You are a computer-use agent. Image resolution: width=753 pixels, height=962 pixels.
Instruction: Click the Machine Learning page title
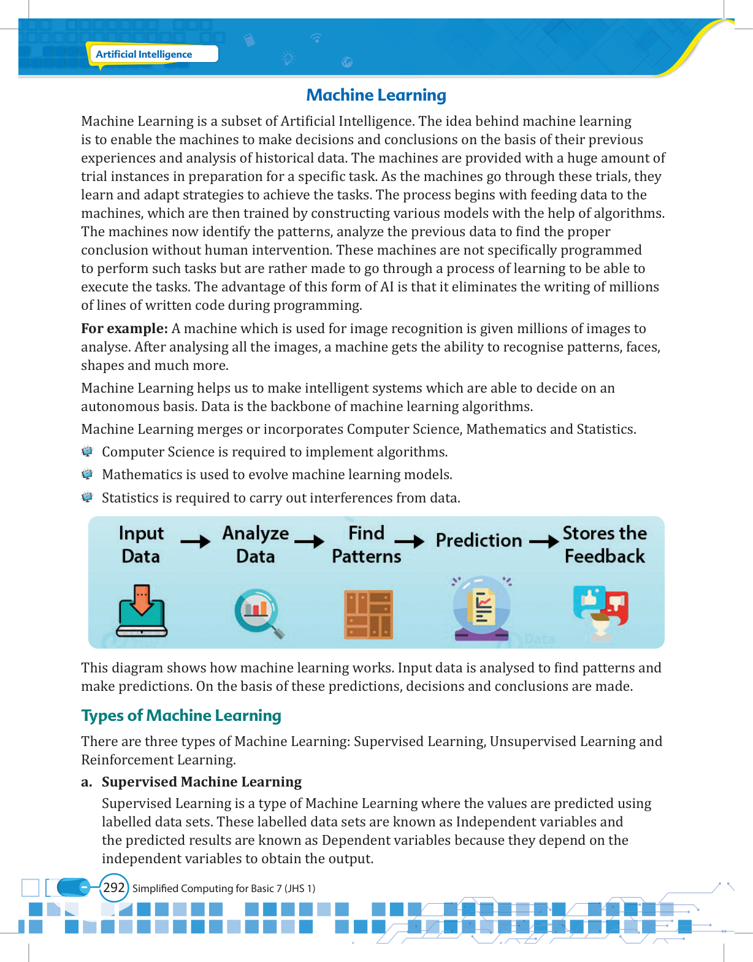(x=376, y=95)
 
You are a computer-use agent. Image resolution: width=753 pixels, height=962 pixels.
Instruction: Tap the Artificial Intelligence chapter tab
(x=144, y=54)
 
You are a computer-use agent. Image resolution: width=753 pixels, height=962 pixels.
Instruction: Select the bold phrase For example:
(x=124, y=328)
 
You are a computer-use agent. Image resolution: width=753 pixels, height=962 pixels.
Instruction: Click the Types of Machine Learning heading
(x=181, y=715)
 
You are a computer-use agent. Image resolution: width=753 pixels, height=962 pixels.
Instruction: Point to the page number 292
(x=114, y=888)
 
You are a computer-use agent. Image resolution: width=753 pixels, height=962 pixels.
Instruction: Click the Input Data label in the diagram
(x=141, y=544)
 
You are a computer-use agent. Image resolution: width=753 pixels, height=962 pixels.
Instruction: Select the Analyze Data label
(x=255, y=544)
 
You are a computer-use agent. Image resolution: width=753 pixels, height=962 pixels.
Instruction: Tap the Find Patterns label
(x=366, y=544)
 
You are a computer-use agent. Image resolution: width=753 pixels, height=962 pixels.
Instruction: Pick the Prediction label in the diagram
(x=478, y=541)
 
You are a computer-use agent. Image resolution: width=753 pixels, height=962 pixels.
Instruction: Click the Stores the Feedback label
(x=605, y=544)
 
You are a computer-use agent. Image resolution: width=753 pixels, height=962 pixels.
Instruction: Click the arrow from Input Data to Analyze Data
(x=196, y=541)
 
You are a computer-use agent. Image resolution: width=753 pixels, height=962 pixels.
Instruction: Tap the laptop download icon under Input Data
(x=142, y=611)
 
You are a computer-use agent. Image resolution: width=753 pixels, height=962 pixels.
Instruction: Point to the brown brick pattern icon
(x=369, y=614)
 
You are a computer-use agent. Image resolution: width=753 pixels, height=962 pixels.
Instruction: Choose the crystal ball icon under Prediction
(x=482, y=608)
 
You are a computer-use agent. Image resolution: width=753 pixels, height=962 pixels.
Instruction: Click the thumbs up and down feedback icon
(x=601, y=610)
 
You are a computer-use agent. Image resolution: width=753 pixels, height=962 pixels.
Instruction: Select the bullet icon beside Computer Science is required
(x=87, y=452)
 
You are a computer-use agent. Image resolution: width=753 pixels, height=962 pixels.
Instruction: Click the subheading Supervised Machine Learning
(x=202, y=782)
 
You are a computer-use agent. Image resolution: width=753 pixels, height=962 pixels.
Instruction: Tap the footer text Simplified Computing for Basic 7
(x=224, y=888)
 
